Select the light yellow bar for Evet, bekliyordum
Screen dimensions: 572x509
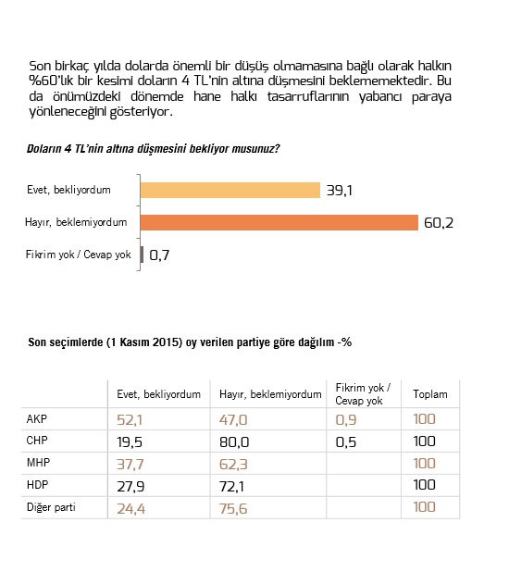click(x=230, y=190)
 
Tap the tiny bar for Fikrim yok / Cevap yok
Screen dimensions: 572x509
click(x=142, y=255)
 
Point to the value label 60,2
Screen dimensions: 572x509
click(x=440, y=223)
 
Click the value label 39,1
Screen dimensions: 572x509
click(x=337, y=191)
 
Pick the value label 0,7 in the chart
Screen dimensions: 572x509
click(x=160, y=255)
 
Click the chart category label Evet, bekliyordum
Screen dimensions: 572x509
click(x=69, y=191)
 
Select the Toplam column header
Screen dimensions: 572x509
click(x=429, y=394)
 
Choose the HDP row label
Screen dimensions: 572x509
click(x=39, y=484)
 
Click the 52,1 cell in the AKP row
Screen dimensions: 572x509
click(x=131, y=420)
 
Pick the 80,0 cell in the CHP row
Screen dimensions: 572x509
click(x=233, y=441)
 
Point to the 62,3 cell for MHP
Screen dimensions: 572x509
click(x=233, y=463)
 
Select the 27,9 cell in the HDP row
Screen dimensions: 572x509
click(x=131, y=485)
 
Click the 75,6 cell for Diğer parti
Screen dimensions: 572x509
click(x=233, y=507)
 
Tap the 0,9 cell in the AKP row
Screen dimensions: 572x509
click(x=344, y=420)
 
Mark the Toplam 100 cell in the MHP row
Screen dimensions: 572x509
click(x=425, y=463)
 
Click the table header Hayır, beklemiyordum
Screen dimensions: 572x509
click(x=269, y=394)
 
